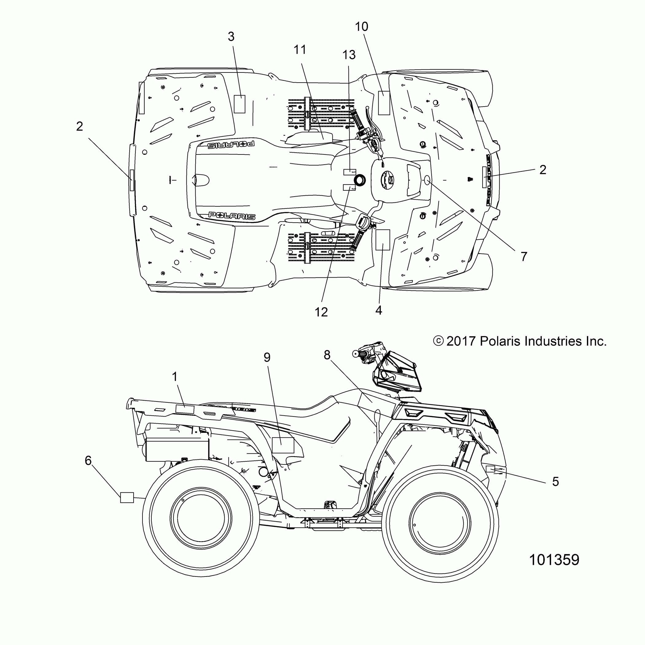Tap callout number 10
tap(361, 27)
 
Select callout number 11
tap(300, 50)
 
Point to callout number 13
tap(349, 55)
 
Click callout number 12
tap(321, 312)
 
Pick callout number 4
tap(379, 310)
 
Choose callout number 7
tap(524, 256)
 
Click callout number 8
tap(327, 355)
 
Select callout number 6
tap(88, 461)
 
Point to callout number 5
tap(556, 482)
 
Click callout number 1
tap(174, 377)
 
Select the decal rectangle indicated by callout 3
tap(239, 104)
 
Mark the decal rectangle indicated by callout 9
tap(283, 445)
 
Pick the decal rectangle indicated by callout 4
tap(383, 240)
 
